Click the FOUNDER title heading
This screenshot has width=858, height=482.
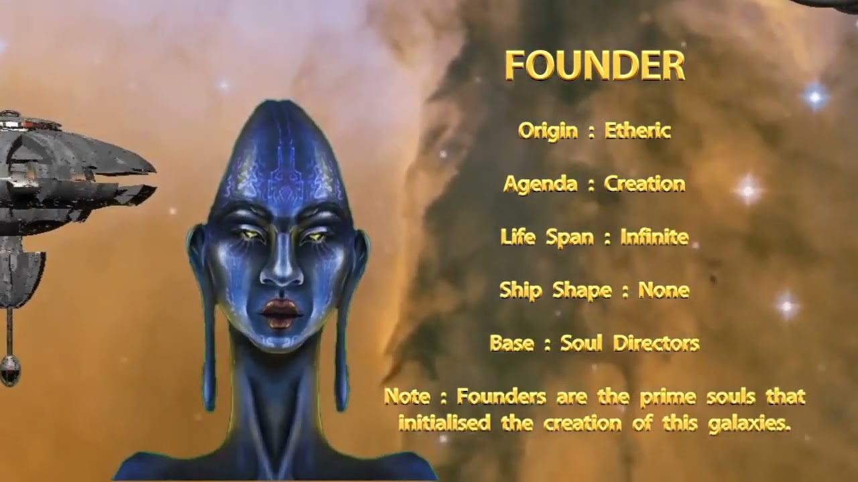pos(595,66)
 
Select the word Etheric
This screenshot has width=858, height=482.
pos(637,131)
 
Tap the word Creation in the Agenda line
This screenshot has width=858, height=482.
pos(644,183)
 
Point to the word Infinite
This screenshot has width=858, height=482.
pos(654,237)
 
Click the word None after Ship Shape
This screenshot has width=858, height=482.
pos(664,290)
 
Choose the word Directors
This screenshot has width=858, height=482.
pos(656,343)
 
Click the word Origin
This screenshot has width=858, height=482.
pos(548,131)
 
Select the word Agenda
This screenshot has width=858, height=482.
pos(540,184)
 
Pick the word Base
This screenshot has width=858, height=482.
pos(511,343)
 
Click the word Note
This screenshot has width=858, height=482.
pos(407,396)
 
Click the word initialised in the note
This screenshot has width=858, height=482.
pos(444,423)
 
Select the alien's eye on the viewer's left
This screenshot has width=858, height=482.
pos(247,235)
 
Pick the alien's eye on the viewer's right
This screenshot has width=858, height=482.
pos(314,236)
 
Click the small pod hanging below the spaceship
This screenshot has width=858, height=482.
pos(9,370)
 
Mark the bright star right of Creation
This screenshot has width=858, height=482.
pos(748,189)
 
